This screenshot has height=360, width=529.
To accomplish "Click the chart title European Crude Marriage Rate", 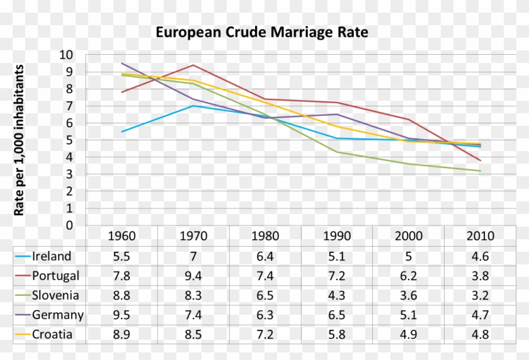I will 261,31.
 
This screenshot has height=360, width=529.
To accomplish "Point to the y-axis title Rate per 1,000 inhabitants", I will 19,140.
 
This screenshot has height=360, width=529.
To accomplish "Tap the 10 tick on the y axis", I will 66,55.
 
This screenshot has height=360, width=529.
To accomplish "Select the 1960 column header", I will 122,237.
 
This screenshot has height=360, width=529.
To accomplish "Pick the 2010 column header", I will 481,237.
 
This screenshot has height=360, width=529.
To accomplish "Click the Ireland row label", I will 52,256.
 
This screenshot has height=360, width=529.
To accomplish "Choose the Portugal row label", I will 55,276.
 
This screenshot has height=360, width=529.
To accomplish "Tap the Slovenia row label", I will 55,295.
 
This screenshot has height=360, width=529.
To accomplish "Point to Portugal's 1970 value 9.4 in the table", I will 193,276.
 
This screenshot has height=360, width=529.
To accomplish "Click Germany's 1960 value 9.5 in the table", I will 122,315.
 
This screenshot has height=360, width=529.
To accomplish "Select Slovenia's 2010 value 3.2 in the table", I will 481,295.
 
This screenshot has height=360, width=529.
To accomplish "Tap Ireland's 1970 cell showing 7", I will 193,256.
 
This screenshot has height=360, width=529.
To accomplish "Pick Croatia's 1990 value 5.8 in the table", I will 337,334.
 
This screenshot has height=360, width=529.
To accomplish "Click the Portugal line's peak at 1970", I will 193,65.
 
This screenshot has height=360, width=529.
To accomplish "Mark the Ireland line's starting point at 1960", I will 122,132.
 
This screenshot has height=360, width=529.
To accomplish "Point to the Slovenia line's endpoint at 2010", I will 481,171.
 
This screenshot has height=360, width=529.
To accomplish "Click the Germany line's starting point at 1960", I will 122,63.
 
